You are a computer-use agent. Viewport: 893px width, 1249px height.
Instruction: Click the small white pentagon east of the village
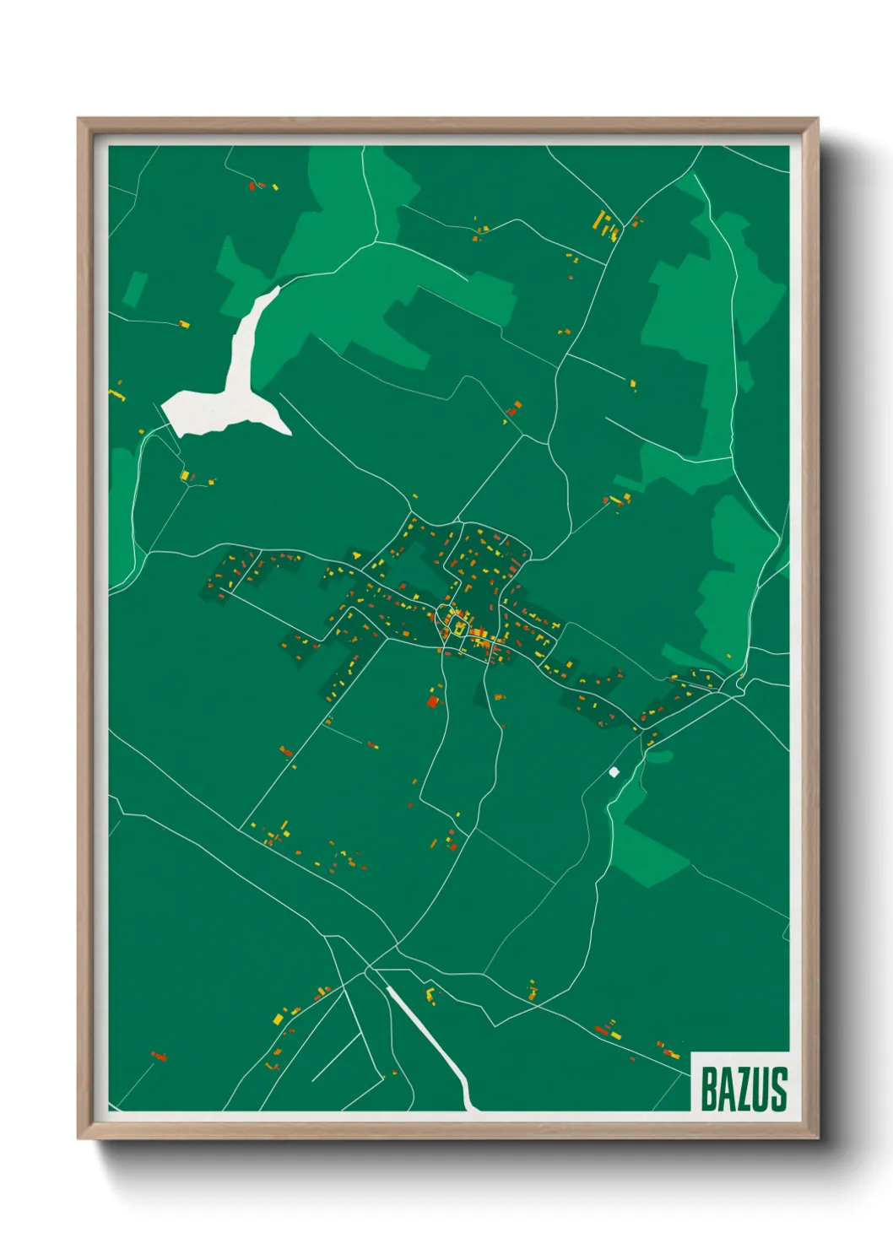(614, 771)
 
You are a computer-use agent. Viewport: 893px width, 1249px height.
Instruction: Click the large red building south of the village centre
(433, 700)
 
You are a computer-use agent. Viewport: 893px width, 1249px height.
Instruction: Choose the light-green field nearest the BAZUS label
(650, 852)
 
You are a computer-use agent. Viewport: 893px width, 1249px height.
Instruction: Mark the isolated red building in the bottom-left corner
(158, 1056)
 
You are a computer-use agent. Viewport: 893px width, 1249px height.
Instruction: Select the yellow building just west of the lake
(184, 476)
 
